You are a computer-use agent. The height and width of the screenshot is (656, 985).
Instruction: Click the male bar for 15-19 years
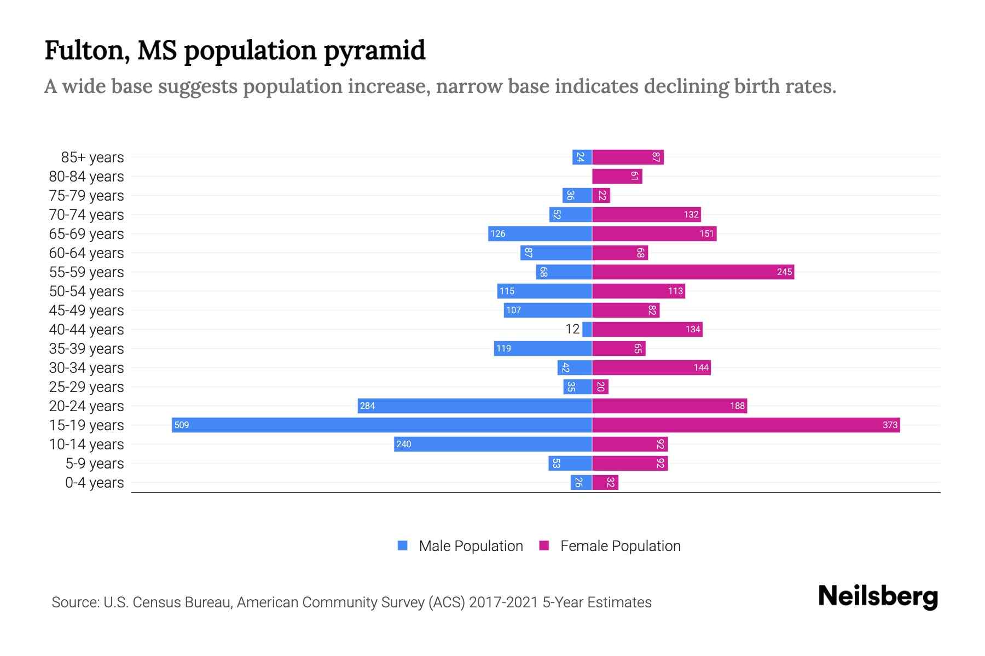[x=382, y=425]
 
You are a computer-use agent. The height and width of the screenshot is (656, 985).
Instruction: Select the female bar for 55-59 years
[x=693, y=272]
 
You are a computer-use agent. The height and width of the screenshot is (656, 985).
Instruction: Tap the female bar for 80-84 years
[x=617, y=176]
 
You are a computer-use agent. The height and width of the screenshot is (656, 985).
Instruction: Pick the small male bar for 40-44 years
[x=587, y=329]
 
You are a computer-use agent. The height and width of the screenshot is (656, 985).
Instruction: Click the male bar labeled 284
[x=475, y=406]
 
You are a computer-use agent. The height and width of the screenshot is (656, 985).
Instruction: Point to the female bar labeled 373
[x=746, y=425]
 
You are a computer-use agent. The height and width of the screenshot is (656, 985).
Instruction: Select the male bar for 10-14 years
[x=493, y=444]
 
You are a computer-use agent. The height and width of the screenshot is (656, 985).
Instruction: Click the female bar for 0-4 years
[x=605, y=482]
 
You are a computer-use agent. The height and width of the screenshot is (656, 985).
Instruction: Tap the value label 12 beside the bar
[x=572, y=329]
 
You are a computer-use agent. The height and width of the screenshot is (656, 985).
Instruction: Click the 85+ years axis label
[x=92, y=157]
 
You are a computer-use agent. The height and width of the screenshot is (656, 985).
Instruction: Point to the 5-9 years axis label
[x=95, y=464]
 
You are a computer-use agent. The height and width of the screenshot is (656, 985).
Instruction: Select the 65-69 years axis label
[x=86, y=234]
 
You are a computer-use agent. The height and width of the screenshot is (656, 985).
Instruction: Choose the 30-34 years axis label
[x=86, y=368]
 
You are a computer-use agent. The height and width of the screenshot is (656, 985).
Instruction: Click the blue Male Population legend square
[x=403, y=546]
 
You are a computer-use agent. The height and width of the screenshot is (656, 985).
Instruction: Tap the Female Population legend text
[x=621, y=546]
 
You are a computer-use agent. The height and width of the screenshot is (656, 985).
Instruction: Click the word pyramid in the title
[x=375, y=50]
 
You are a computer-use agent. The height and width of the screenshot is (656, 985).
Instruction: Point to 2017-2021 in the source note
[x=503, y=602]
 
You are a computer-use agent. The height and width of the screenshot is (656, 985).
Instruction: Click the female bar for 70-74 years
[x=646, y=214]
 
